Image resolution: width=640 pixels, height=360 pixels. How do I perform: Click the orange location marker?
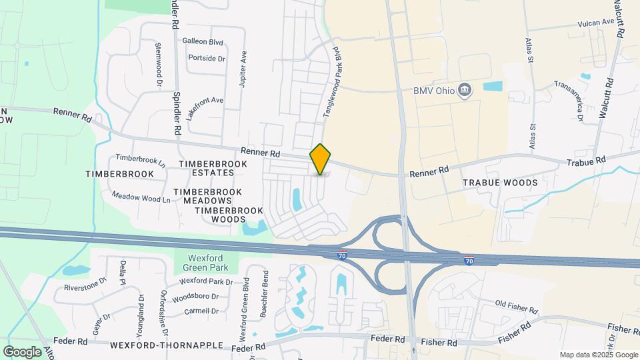320,159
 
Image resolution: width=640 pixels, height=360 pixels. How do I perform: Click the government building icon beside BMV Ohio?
466,90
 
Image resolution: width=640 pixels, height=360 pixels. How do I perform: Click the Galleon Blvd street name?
203,41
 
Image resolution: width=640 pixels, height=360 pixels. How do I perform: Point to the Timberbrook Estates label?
207,168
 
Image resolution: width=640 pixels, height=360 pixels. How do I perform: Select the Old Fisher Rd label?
517,305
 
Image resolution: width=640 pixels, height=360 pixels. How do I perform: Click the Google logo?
23,351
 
